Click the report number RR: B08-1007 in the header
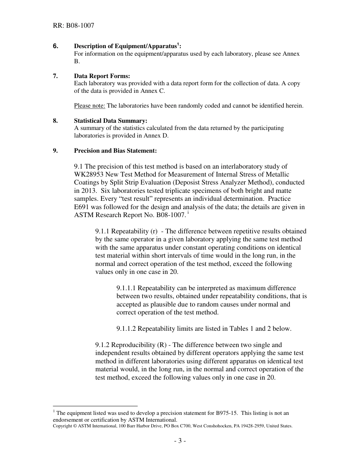74,26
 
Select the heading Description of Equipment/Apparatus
126,46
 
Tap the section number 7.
55,76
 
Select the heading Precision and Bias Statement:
115,151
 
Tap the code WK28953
91,174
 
